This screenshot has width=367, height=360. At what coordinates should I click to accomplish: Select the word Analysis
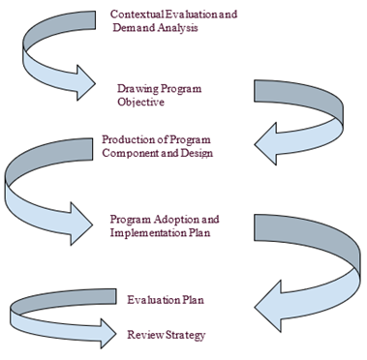[178, 28]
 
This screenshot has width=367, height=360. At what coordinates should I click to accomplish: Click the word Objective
[140, 103]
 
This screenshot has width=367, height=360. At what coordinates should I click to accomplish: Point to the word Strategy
[186, 335]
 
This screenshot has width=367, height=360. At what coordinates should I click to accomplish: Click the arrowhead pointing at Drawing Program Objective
[86, 83]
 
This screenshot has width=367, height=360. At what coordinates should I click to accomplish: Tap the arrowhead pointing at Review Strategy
[107, 334]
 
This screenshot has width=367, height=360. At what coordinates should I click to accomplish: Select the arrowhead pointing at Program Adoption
[81, 224]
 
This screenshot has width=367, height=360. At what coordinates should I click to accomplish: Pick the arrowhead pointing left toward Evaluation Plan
[268, 307]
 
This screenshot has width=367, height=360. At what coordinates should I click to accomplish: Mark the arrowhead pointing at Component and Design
[265, 144]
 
